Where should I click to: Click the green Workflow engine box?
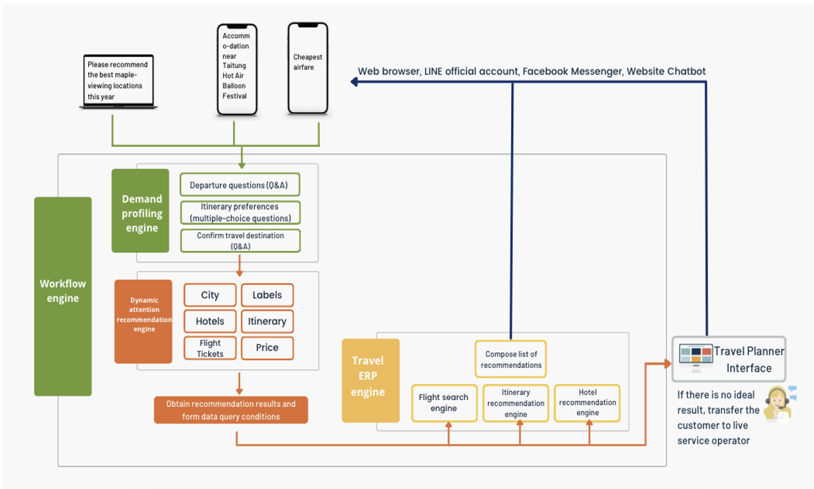pos(63,296)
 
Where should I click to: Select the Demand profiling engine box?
pos(140,211)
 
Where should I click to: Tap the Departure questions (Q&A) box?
pos(239,185)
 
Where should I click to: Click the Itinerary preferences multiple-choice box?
pos(240,213)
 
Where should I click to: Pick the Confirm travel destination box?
pos(240,241)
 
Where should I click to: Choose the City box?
pos(210,295)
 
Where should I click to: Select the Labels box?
pos(267,295)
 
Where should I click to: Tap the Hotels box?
pos(210,321)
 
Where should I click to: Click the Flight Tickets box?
pos(210,348)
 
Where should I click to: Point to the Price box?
pos(267,348)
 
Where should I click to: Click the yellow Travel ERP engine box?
pos(370,380)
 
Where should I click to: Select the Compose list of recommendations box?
pos(511,359)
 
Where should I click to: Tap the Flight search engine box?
pos(444,403)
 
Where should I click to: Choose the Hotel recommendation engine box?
pos(587,402)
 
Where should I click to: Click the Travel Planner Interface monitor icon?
pos(696,357)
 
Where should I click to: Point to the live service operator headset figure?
pos(779,404)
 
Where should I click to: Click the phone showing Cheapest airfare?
pos(308,68)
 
